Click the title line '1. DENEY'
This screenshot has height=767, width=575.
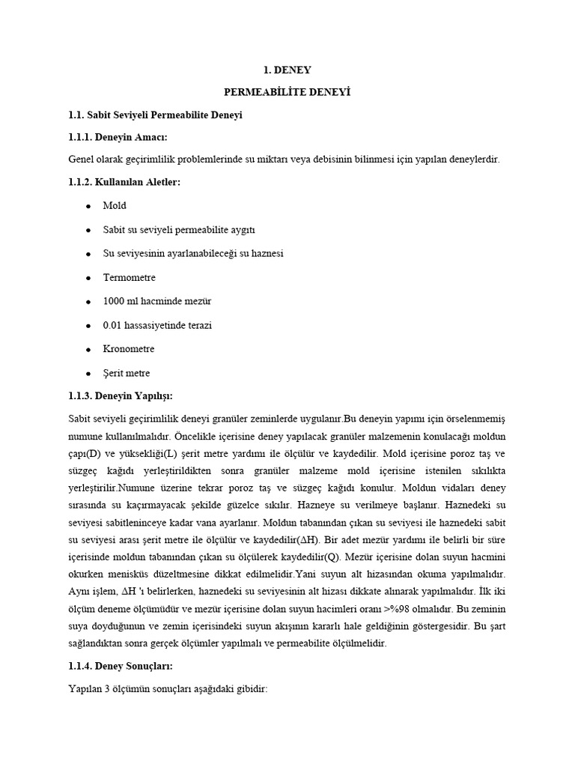(x=287, y=70)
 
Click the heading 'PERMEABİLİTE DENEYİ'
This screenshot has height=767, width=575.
(x=287, y=92)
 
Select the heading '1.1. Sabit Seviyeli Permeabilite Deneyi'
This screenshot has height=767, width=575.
(x=155, y=115)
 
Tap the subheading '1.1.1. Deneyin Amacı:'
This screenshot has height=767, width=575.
(x=118, y=137)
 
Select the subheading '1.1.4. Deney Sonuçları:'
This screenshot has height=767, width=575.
(x=121, y=665)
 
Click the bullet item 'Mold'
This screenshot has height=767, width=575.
(x=115, y=205)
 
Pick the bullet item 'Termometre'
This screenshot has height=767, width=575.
(x=130, y=277)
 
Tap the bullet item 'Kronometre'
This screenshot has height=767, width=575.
(x=129, y=349)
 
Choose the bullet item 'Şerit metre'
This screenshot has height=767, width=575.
(x=127, y=373)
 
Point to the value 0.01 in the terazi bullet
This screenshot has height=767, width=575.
(x=113, y=325)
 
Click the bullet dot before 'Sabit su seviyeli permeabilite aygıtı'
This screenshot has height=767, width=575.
(x=88, y=230)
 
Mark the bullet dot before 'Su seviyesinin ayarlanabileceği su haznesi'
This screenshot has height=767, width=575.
(x=88, y=254)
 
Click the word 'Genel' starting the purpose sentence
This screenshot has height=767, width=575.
(x=81, y=160)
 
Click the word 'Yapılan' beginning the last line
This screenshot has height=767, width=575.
(x=85, y=688)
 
